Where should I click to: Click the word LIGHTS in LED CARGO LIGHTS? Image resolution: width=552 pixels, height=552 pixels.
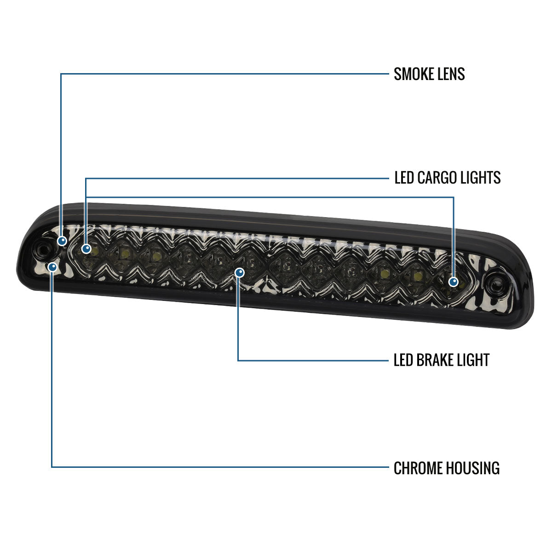point(482,178)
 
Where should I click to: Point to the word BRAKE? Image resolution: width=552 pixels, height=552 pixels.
point(435,360)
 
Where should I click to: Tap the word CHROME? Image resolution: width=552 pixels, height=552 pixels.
point(417,468)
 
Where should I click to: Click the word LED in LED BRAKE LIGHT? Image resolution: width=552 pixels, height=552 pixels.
point(403,360)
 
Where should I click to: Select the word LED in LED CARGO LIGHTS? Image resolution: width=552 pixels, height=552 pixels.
point(404,178)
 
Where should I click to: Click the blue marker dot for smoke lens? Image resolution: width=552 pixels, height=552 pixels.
point(62,241)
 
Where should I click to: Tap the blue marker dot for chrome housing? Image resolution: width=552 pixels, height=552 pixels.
point(53,266)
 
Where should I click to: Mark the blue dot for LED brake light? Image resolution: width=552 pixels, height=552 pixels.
point(239,273)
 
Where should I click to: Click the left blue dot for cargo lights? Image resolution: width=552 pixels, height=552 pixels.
point(86,249)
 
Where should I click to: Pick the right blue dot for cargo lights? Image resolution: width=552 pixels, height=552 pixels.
point(454,282)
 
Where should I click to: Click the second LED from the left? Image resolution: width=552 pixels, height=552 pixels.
point(124,252)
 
